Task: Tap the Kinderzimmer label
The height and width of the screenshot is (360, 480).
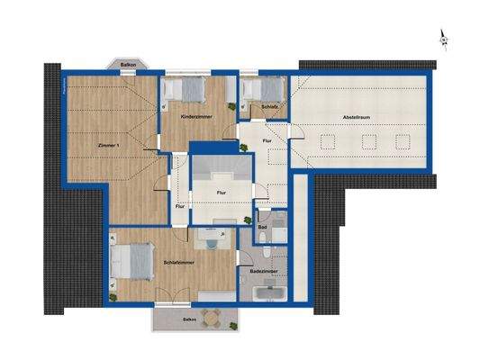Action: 195,118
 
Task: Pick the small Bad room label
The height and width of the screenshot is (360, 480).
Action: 261,226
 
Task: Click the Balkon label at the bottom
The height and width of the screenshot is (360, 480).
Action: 189,319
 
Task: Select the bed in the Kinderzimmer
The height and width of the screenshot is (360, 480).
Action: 192,89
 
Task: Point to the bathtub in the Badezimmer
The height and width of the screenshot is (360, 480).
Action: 267,293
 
